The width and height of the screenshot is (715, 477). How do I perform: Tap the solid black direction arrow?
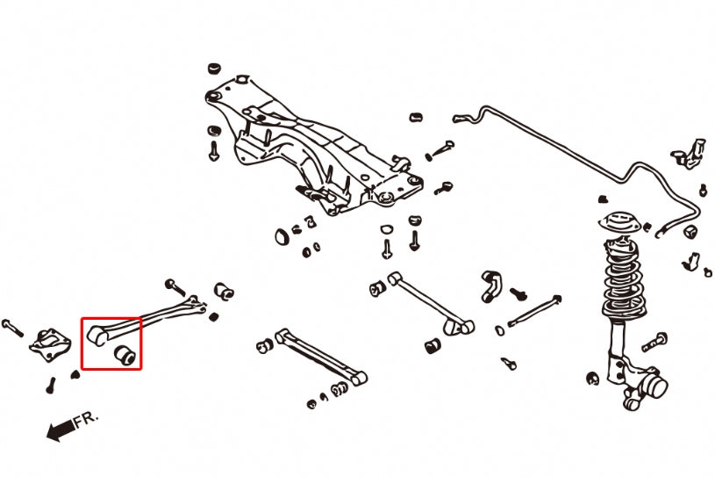[61, 430]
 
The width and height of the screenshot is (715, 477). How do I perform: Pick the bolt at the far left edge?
[12, 327]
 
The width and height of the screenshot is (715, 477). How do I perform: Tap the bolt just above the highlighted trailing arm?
[174, 285]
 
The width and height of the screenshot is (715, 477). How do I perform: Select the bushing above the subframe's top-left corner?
[213, 68]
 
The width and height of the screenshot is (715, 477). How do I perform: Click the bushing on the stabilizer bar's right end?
[690, 230]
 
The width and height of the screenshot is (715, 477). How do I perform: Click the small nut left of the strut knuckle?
[593, 379]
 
